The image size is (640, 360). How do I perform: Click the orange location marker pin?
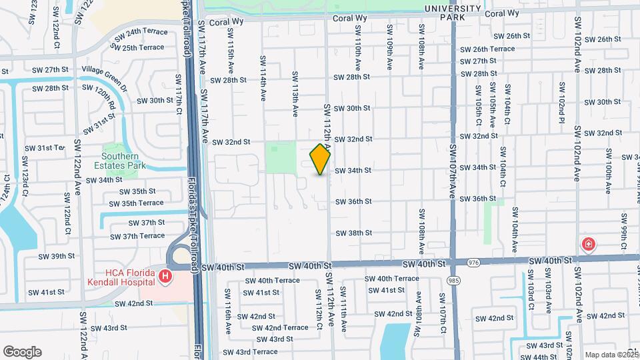pyautogui.click(x=320, y=159)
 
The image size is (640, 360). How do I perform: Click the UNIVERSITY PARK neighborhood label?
pyautogui.click(x=453, y=12)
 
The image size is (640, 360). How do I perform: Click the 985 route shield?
pyautogui.click(x=453, y=280)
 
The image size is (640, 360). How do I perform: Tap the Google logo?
pyautogui.click(x=22, y=351)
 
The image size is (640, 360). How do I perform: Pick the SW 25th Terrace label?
pyautogui.click(x=138, y=47)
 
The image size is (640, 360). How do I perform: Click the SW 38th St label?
pyautogui.click(x=353, y=233)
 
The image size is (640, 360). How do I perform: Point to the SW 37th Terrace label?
pyautogui.click(x=137, y=236)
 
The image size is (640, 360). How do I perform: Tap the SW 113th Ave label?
pyautogui.click(x=294, y=94)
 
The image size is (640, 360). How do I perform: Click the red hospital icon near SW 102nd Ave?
pyautogui.click(x=589, y=244)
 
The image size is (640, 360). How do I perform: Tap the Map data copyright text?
pyautogui.click(x=605, y=355)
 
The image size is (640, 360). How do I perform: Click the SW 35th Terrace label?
pyautogui.click(x=137, y=203)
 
